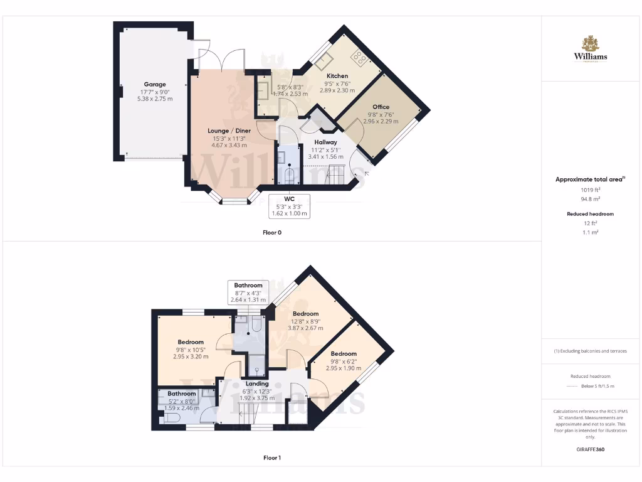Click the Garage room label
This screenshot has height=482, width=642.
coord(155,84)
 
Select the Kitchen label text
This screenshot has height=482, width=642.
coord(337,76)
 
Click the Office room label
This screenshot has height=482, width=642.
coord(381,107)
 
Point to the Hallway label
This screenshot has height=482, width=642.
coord(326,142)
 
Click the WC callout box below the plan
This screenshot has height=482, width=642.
coord(289,206)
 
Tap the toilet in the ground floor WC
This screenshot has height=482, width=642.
coord(289,174)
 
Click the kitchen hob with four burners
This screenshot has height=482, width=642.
coord(360,58)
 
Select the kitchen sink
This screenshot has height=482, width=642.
coord(325,61)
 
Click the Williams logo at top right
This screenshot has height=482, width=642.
coord(591,50)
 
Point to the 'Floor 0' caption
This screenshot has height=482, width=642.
coord(272,232)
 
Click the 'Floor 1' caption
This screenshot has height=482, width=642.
coord(272,458)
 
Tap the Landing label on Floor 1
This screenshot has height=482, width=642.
coord(257,383)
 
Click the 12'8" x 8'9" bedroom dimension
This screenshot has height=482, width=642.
coord(306,321)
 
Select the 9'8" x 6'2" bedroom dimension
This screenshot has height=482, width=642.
coord(344,361)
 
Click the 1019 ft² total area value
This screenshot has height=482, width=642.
coord(590,190)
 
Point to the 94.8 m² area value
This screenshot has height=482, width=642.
coord(590,198)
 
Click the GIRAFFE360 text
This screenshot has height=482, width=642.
coord(590,449)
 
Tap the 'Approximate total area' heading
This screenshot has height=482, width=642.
coord(590,179)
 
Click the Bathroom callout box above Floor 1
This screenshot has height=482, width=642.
coord(248,292)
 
